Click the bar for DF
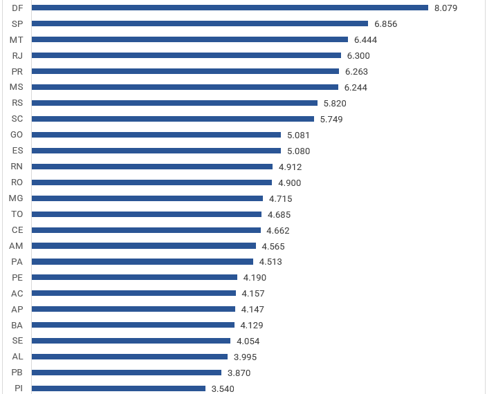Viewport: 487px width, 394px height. click(x=230, y=8)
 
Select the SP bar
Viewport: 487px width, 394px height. click(x=200, y=24)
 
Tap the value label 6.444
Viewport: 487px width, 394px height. click(x=365, y=40)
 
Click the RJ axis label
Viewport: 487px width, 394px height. click(x=17, y=55)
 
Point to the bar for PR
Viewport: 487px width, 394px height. click(x=185, y=71)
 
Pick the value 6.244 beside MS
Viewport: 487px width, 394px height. click(x=356, y=88)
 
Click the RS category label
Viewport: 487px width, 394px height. click(x=17, y=103)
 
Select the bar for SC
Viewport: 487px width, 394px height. click(x=173, y=119)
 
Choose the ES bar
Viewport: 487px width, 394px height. click(x=156, y=151)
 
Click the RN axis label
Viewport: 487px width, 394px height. click(x=17, y=167)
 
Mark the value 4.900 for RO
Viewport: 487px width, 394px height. click(x=289, y=183)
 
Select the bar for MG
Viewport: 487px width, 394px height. click(x=147, y=198)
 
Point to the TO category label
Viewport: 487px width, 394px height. click(x=17, y=214)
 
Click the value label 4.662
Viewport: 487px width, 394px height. click(x=278, y=231)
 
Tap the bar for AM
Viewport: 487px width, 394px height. click(x=144, y=246)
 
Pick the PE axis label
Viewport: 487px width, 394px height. click(x=17, y=278)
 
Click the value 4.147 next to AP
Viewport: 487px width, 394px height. click(x=252, y=310)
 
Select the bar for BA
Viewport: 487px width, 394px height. click(x=133, y=326)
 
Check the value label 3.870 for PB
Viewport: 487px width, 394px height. click(x=239, y=373)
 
